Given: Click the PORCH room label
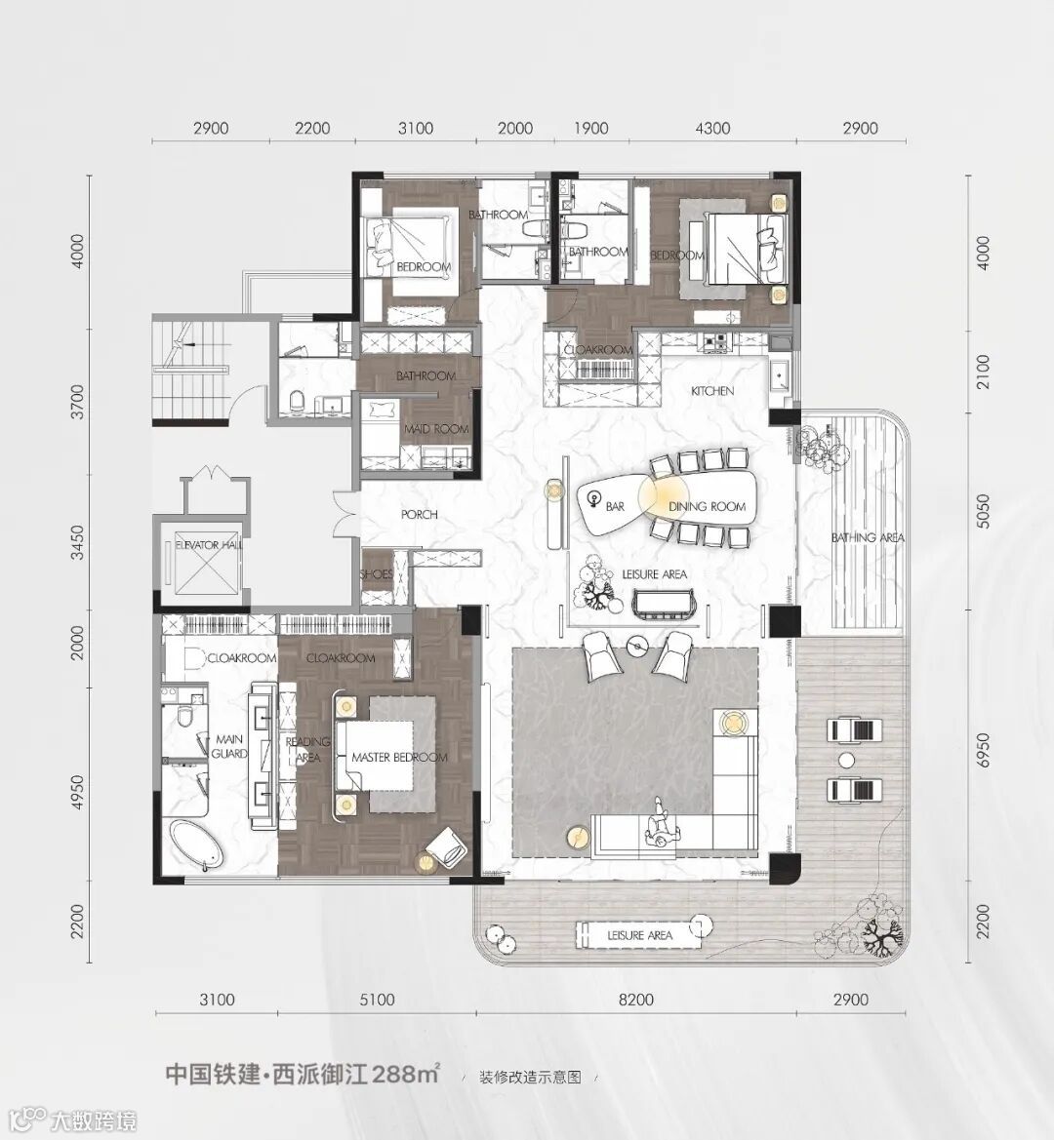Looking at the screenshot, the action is (420, 514).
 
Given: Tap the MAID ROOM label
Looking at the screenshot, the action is (435, 429).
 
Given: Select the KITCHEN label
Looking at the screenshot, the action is (712, 390).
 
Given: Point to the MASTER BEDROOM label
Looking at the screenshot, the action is (399, 757).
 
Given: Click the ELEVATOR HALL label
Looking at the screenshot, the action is (209, 544).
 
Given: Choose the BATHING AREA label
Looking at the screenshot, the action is (868, 537).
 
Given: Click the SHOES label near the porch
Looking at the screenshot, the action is (376, 574).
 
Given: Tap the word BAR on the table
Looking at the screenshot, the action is (616, 506).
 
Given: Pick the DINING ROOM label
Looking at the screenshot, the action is (707, 506).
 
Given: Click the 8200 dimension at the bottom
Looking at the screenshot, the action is (635, 1000).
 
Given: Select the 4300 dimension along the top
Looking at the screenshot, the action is (712, 128).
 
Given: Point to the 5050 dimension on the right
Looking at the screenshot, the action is (983, 510).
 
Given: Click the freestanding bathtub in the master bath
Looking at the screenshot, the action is (195, 845).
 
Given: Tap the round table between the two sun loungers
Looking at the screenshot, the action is (846, 761).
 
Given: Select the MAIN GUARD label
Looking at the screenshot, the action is (229, 747).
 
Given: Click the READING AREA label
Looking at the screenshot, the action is (307, 750).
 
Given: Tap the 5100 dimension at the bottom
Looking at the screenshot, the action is (377, 1000).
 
